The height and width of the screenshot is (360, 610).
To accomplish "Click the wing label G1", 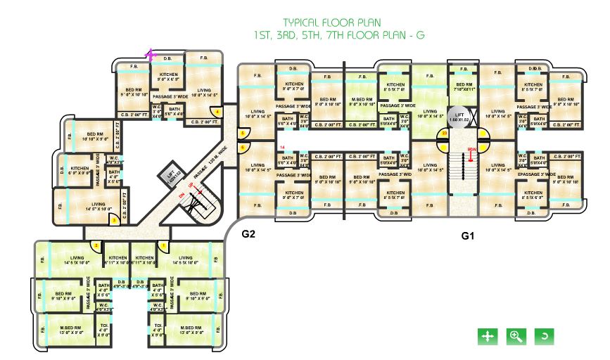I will point(468,237).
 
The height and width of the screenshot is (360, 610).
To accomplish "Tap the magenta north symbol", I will point(150,54).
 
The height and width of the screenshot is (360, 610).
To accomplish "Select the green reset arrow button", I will point(543,336).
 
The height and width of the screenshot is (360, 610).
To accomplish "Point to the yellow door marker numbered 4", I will point(219,112).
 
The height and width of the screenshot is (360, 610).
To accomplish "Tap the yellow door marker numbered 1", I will point(163,245).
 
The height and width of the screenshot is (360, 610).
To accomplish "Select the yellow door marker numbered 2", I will point(96,245).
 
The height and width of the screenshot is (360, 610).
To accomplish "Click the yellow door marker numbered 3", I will point(115,220).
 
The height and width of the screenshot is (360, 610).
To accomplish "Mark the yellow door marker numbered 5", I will point(241,133).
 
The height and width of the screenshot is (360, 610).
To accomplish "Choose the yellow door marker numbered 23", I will point(444,132).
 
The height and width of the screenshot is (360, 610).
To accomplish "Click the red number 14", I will point(282,147).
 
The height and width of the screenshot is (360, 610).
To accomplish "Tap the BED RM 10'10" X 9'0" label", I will point(95,136).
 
